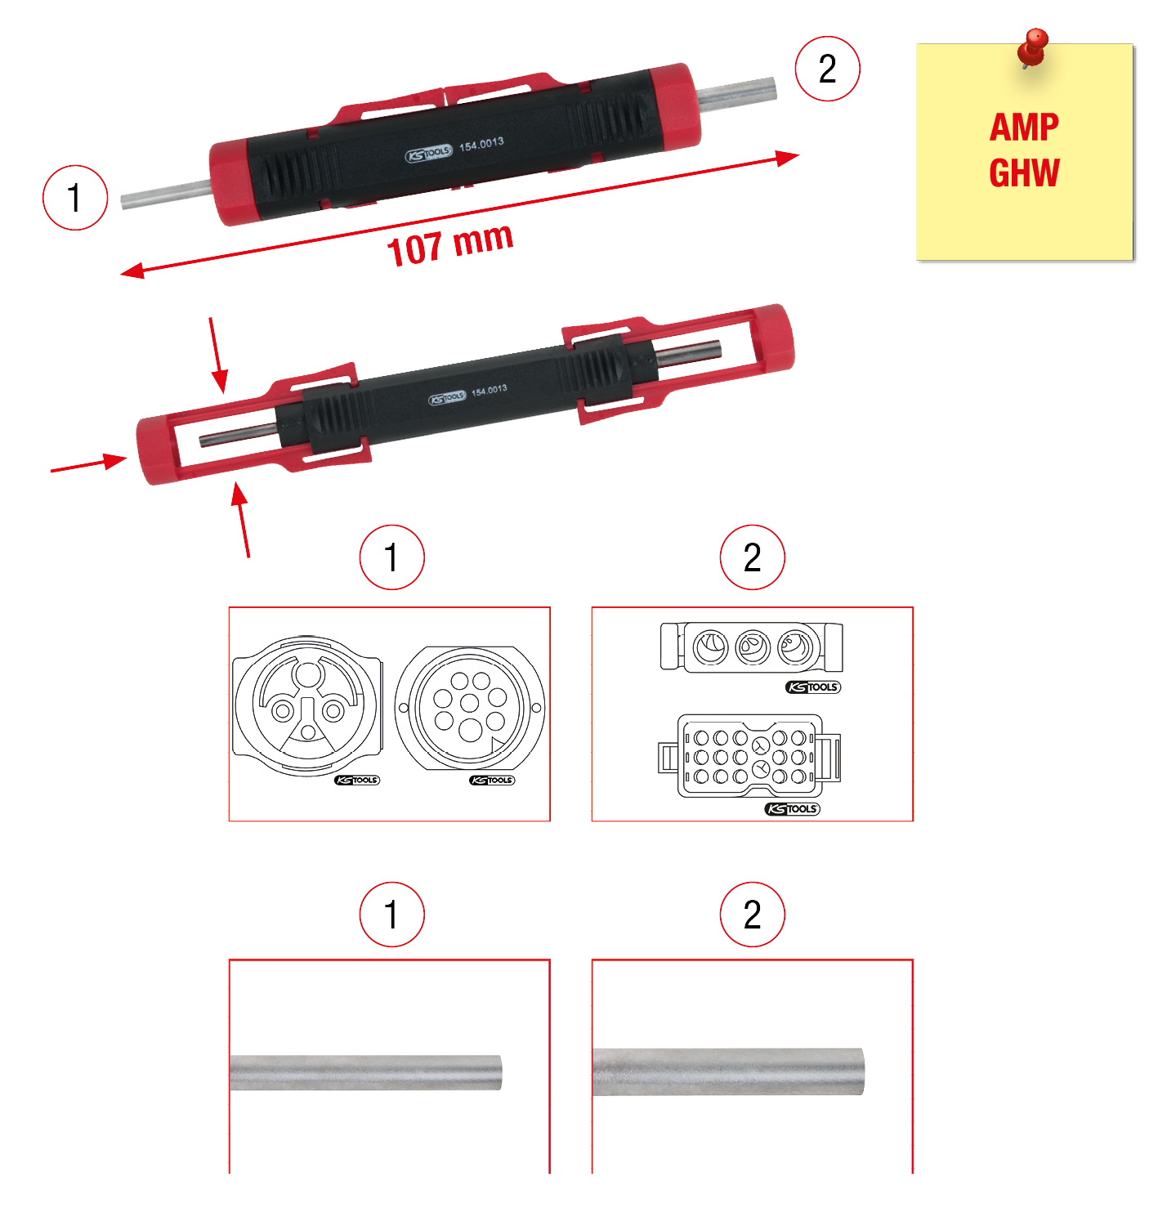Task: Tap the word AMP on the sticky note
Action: [x=1024, y=128]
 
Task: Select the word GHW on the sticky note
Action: [x=1024, y=173]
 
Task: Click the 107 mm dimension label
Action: [x=450, y=244]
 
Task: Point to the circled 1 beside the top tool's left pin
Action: [x=75, y=198]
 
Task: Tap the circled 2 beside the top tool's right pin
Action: [x=827, y=69]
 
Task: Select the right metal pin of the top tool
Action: [x=736, y=91]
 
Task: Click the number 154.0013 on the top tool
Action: [x=481, y=145]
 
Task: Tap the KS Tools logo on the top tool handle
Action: [x=428, y=153]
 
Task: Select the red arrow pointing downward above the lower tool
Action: [x=217, y=355]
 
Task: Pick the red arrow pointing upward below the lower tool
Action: [x=242, y=520]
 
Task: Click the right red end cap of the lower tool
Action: [x=772, y=337]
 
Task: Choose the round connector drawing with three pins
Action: [x=307, y=705]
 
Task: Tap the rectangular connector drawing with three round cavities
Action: [x=752, y=647]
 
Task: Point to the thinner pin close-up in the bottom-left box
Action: [x=366, y=1072]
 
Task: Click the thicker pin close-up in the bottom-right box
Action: [x=728, y=1072]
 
